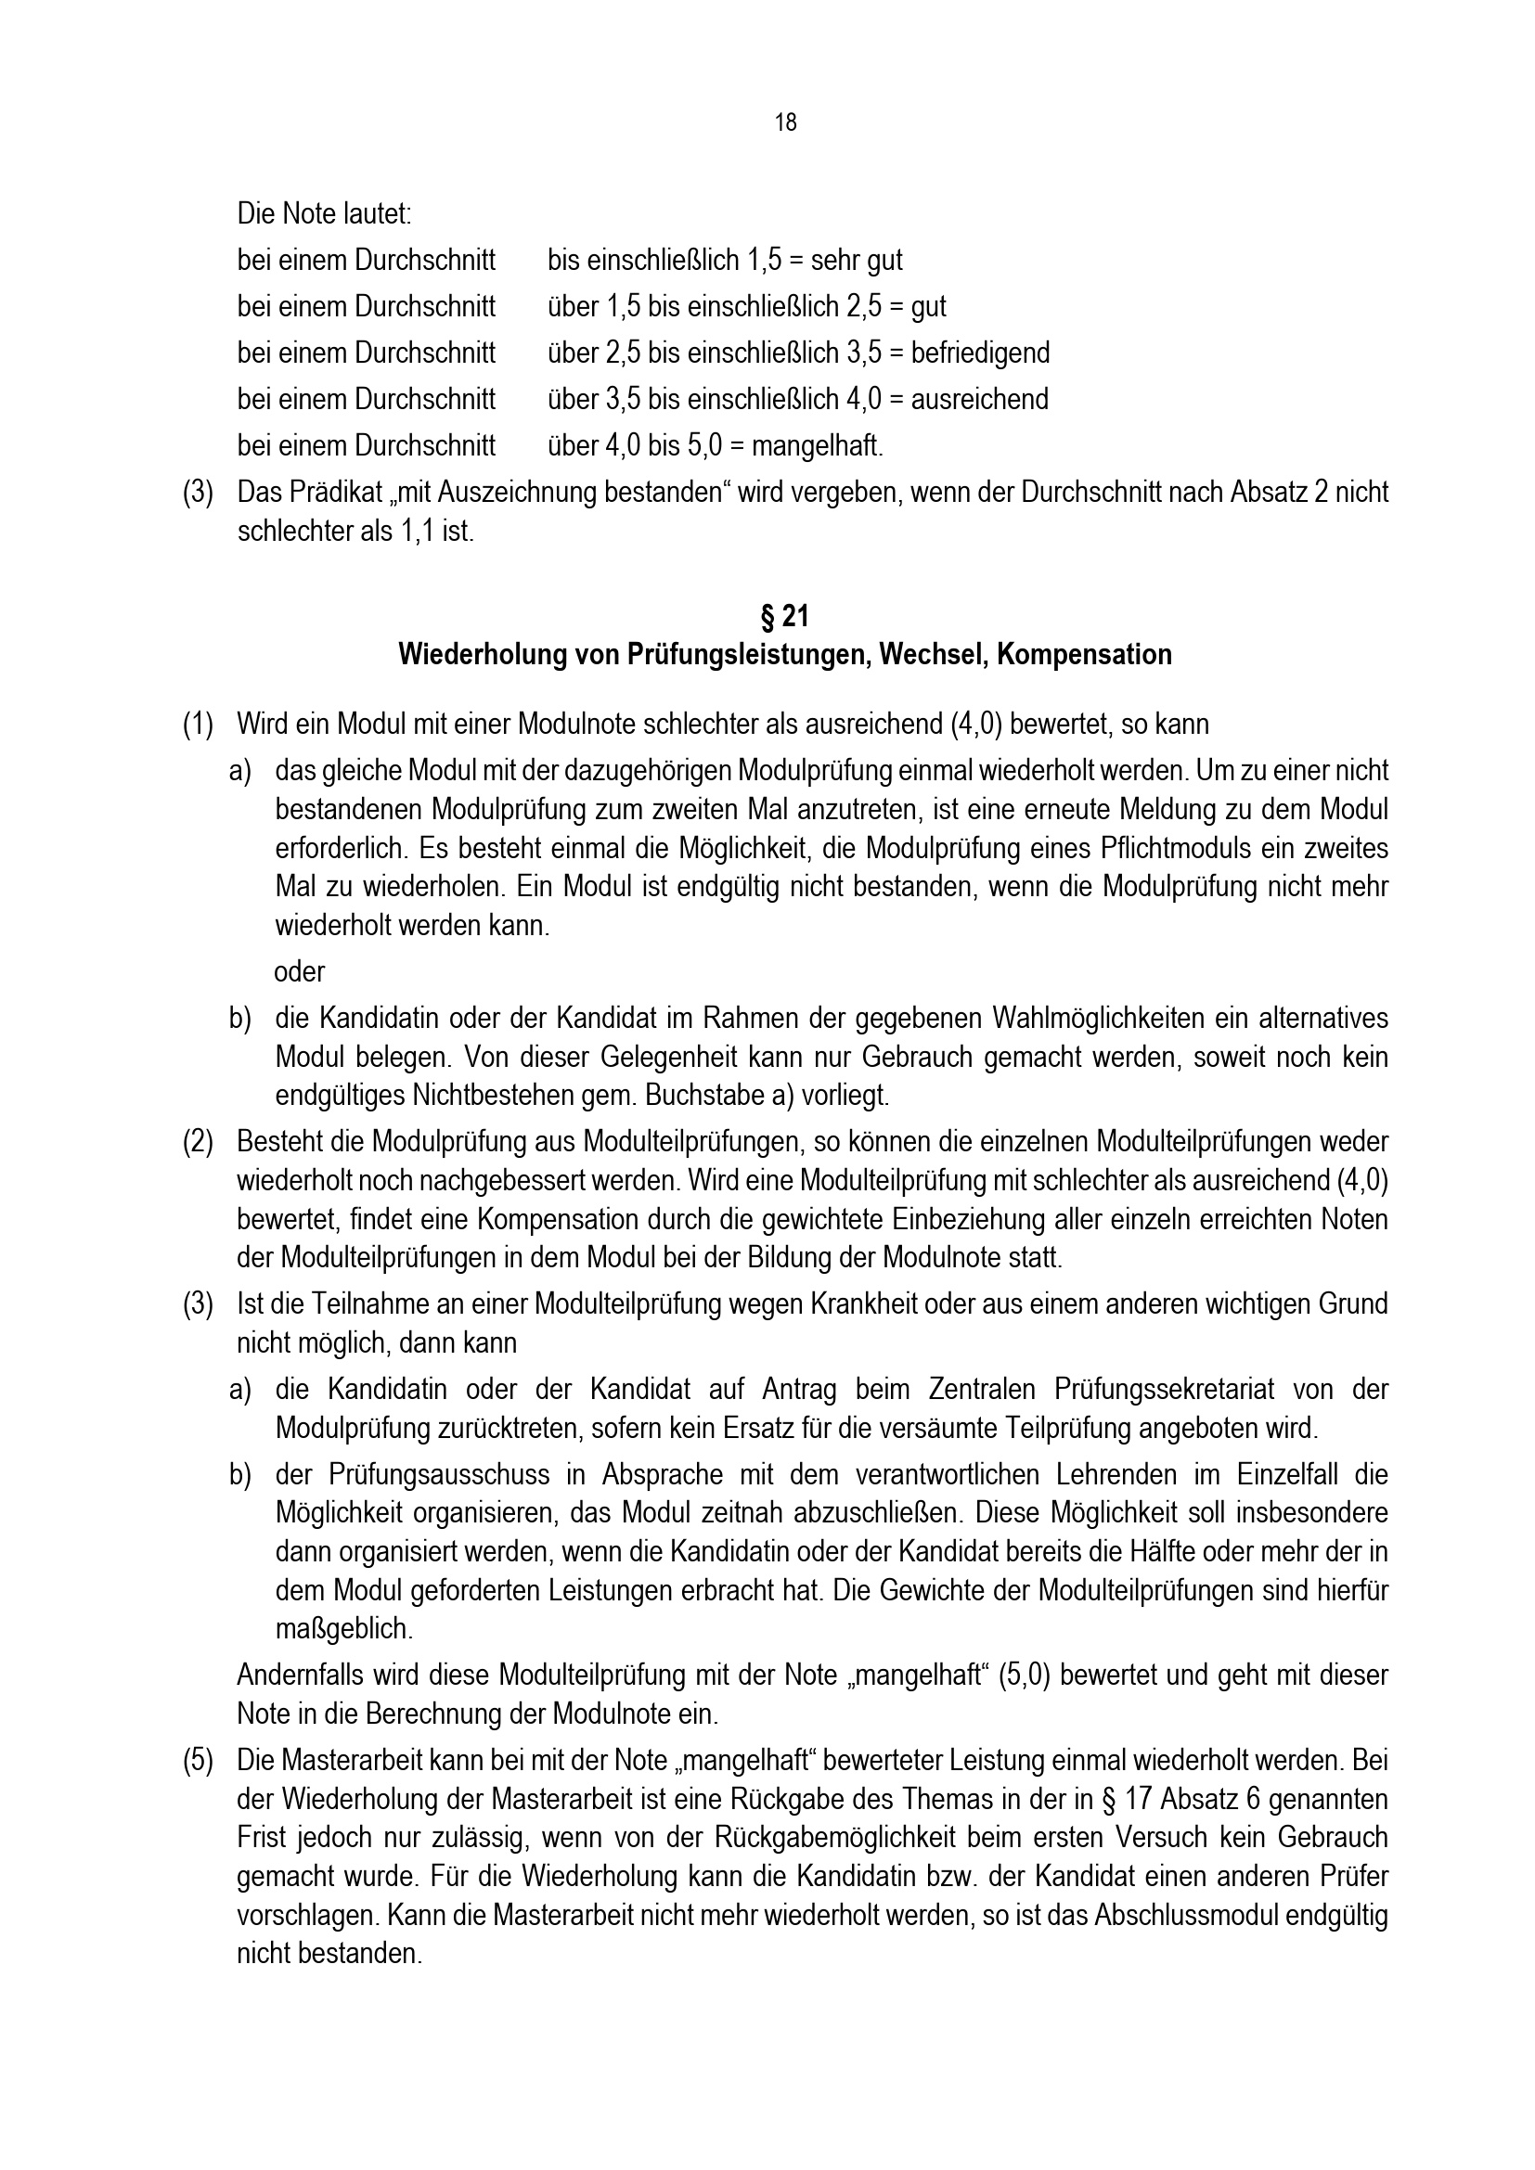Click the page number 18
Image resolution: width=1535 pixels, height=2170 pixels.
click(x=785, y=122)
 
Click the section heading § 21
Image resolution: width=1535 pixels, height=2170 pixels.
click(x=784, y=617)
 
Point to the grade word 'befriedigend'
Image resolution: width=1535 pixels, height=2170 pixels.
click(x=980, y=353)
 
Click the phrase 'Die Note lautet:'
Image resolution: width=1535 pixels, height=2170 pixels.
click(x=324, y=213)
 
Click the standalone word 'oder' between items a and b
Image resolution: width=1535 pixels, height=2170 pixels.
click(x=300, y=971)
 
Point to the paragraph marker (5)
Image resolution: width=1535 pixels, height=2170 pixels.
click(x=198, y=1761)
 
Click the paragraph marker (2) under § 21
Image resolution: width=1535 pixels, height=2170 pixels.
click(x=198, y=1142)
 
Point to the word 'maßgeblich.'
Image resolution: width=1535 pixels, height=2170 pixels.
click(x=344, y=1628)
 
